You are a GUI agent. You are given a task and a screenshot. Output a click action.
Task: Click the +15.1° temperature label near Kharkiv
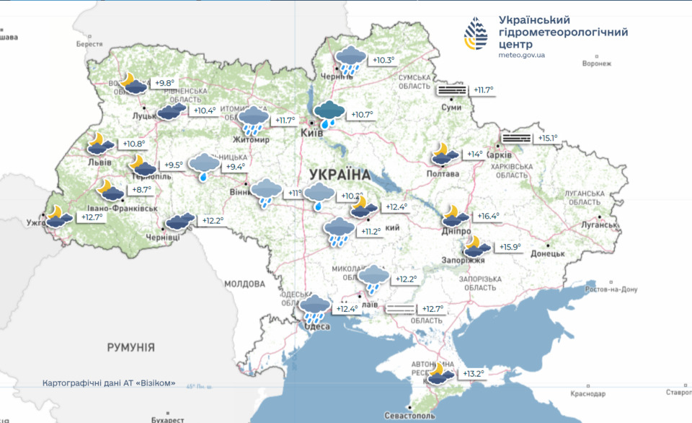point(545,138)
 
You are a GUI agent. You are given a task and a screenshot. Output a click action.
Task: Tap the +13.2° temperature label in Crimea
point(473,374)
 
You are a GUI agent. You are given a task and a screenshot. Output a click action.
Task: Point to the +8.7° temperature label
point(141,189)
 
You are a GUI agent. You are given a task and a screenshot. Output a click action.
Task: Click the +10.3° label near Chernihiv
point(383,60)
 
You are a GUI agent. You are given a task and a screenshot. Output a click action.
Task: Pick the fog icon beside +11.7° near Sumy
point(451,90)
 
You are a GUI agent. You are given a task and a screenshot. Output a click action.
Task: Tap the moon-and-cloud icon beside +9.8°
point(135,82)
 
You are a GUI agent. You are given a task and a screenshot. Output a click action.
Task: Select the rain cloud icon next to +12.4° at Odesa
point(315,308)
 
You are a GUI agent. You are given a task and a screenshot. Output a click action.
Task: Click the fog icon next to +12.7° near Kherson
point(401,309)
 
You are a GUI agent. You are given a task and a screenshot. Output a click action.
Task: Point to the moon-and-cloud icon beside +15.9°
point(476,245)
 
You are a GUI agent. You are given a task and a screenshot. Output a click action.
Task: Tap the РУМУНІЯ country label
point(130,348)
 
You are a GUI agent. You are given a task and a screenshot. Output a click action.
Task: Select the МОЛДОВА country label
point(244,284)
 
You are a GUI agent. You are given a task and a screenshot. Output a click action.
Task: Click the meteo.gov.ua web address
point(521,55)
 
